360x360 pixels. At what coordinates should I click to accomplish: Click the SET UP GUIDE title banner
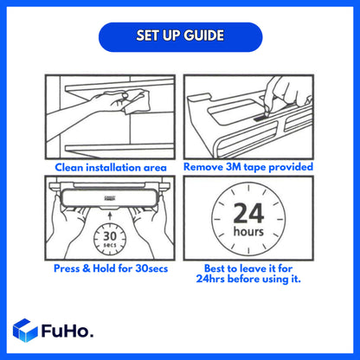tap(179, 36)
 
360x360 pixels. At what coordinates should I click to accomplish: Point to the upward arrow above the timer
tap(108, 215)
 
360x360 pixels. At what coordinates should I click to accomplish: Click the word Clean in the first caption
tap(73, 166)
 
